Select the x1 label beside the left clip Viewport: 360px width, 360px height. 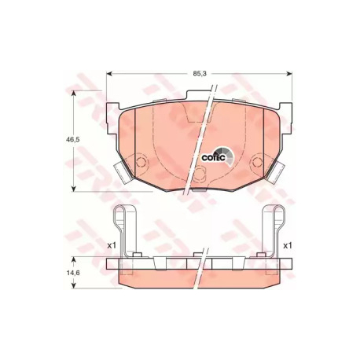pyautogui.click(x=111, y=245)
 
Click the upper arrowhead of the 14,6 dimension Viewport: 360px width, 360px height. pyautogui.click(x=74, y=258)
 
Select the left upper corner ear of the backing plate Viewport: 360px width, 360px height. pyautogui.click(x=114, y=110)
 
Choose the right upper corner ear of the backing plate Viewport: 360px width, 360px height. pyautogui.click(x=284, y=110)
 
